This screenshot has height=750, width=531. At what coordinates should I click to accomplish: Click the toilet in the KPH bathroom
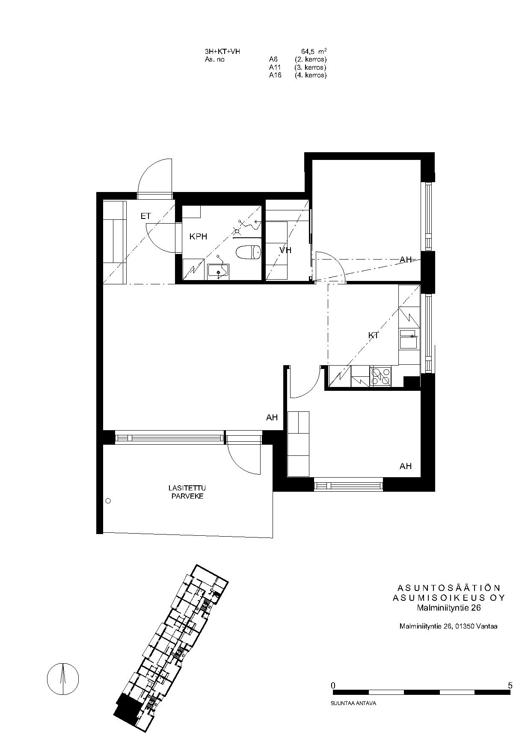[x=249, y=252]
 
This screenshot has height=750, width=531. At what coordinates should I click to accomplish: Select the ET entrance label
[x=145, y=216]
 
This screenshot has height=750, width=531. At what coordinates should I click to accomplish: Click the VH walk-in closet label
[x=285, y=250]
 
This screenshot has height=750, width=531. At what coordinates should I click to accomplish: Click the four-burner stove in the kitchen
[x=381, y=376]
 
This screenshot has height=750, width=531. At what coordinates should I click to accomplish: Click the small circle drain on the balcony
[x=108, y=501]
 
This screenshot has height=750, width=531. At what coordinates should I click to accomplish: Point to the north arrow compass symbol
[x=63, y=679]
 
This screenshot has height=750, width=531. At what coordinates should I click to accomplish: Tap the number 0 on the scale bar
[x=333, y=685]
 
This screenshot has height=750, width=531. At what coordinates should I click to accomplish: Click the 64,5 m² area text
[x=314, y=52]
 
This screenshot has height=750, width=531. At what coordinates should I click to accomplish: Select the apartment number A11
[x=274, y=68]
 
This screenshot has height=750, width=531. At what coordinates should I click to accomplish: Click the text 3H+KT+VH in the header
[x=222, y=52]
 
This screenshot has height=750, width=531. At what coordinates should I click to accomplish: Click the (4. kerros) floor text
[x=311, y=75]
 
